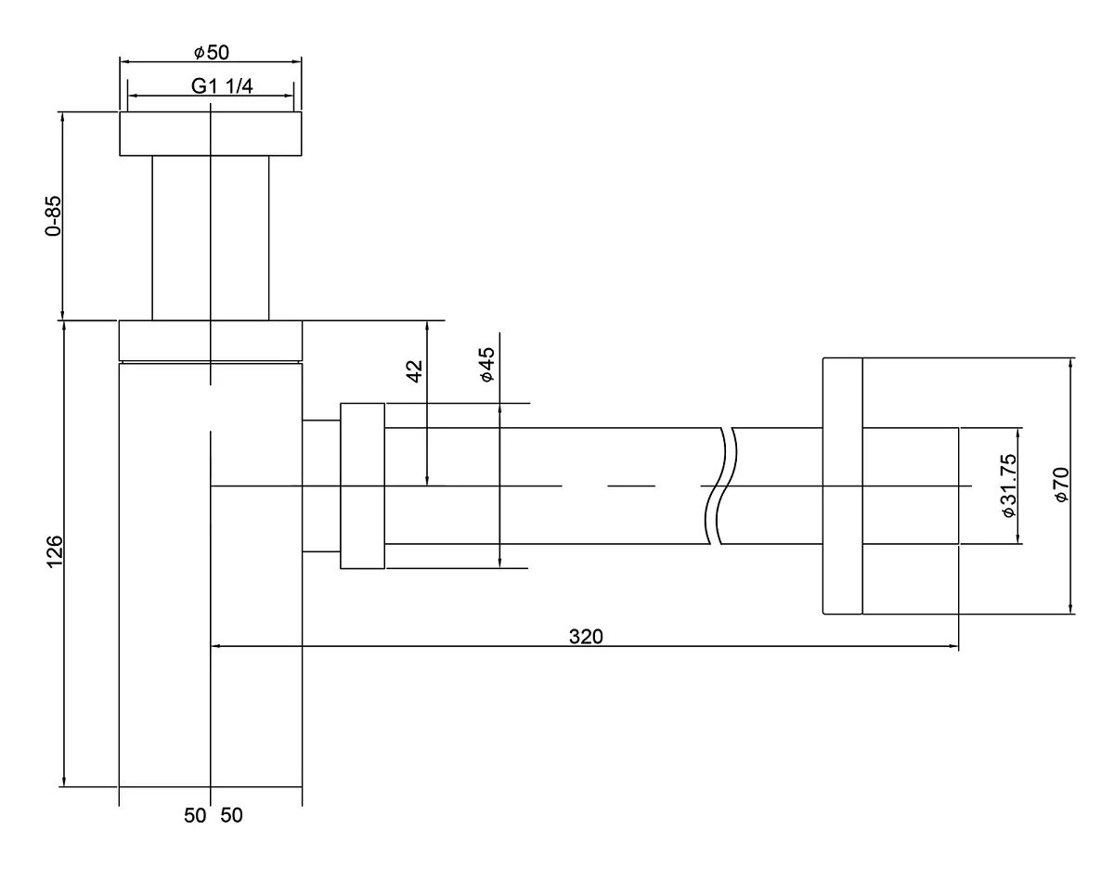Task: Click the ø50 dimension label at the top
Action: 212,52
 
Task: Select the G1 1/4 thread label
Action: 222,86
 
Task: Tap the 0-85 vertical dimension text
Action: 53,216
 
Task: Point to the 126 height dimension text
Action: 55,551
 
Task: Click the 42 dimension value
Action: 415,371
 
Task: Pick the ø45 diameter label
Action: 487,365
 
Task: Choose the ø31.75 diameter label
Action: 1009,486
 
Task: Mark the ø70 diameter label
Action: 1061,485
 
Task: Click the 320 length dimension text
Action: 586,637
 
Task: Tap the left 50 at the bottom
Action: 195,815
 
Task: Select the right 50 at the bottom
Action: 231,815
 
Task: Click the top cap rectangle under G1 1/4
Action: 211,134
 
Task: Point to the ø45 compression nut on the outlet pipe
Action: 362,486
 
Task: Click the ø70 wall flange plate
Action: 843,486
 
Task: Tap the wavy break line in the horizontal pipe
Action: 721,486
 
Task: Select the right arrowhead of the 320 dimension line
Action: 953,646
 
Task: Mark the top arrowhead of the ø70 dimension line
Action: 1070,363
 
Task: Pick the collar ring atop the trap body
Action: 211,340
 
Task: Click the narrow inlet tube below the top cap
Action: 211,238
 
